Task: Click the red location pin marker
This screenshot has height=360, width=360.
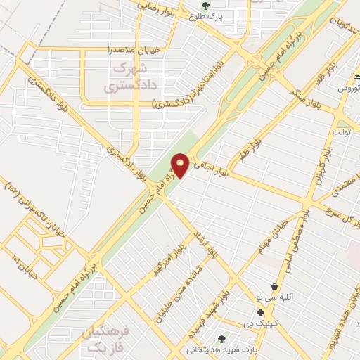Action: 180,165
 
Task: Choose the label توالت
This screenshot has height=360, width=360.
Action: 342,131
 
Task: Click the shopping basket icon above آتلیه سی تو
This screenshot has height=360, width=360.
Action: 273,286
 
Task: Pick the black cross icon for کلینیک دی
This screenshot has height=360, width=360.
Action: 261,311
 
